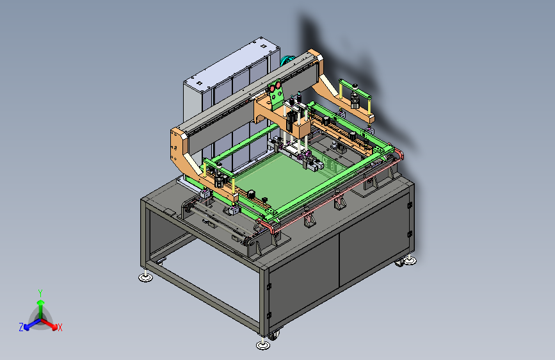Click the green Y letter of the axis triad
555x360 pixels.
(40, 293)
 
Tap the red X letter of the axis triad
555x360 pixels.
(60, 327)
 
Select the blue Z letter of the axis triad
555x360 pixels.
(21, 327)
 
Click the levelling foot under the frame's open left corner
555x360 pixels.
(145, 277)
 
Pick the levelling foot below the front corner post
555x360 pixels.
(263, 344)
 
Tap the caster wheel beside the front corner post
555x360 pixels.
(274, 335)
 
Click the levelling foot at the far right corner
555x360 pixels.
(410, 261)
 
